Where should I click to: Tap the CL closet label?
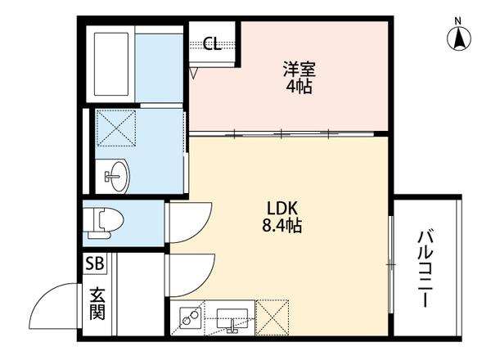[x=212, y=44]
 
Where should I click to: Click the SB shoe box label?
[x=94, y=264]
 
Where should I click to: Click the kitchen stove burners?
[x=191, y=316]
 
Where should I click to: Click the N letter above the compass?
[x=459, y=19]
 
